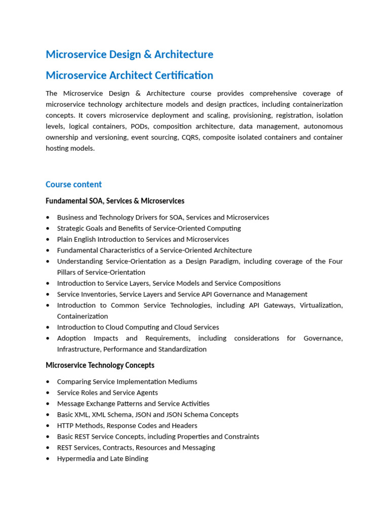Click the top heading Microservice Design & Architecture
(x=129, y=54)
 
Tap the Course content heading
(x=73, y=184)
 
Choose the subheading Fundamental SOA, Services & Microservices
(x=115, y=201)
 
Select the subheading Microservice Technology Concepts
(x=100, y=365)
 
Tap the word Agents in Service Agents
(x=146, y=393)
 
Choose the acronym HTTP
(x=66, y=425)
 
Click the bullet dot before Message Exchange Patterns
(x=48, y=404)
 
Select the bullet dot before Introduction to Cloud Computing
(x=48, y=327)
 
